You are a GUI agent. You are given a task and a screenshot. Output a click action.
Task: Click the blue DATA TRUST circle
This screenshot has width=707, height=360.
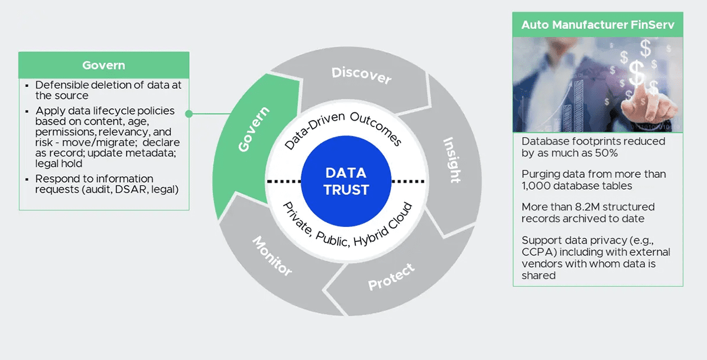pos(346,181)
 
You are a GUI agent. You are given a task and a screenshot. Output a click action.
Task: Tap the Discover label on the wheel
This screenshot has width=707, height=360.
pos(361,75)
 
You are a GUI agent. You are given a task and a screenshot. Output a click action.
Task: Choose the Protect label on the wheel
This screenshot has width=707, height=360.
pos(391,277)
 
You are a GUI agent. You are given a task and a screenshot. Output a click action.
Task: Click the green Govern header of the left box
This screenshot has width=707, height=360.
pos(103,65)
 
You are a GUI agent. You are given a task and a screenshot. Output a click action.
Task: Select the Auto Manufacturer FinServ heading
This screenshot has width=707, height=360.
pos(598,25)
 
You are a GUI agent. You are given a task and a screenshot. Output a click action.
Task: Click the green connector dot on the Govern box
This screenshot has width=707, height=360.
pos(189,113)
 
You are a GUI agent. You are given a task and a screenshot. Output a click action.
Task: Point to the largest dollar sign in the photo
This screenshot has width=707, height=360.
pos(637,73)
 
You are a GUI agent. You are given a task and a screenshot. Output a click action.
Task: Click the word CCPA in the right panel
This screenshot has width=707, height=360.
pos(537,252)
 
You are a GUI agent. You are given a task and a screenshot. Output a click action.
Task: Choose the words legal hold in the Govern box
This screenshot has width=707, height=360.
pos(59,164)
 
